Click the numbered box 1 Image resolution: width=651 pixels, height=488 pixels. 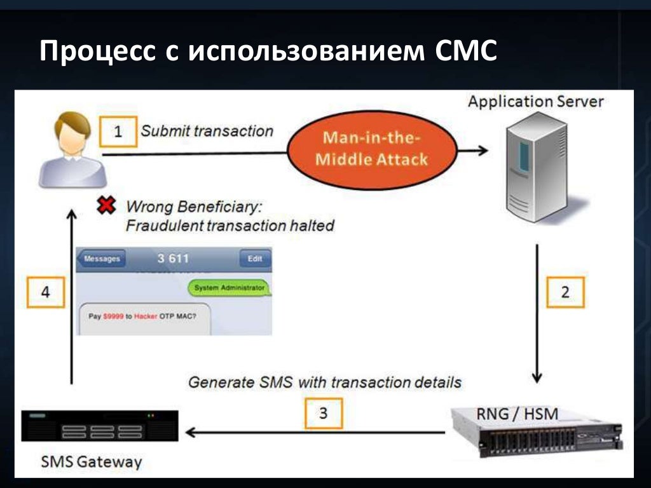tap(118, 132)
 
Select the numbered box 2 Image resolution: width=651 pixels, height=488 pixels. tap(565, 292)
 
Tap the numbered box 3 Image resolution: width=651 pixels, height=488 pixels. tap(323, 414)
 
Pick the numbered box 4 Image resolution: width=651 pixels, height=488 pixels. tap(46, 292)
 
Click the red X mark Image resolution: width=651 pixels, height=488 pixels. tap(106, 205)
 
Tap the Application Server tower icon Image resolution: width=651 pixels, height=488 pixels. tap(534, 170)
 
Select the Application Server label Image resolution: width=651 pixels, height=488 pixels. tap(535, 102)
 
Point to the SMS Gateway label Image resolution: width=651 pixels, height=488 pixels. tap(92, 461)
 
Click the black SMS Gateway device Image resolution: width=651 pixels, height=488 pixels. tap(100, 426)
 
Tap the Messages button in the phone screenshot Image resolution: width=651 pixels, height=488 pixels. tap(102, 259)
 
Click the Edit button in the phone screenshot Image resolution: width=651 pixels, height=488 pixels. tap(254, 259)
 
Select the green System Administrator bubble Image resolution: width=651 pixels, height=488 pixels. tap(229, 288)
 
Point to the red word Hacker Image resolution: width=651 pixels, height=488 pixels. tap(146, 316)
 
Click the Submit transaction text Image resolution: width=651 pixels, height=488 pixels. tap(207, 131)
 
